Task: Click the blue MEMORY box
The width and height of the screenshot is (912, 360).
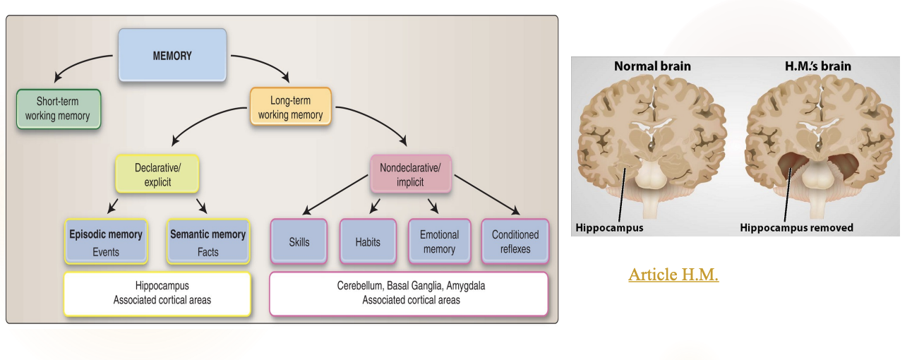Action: click(172, 55)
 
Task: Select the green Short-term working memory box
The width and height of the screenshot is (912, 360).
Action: click(58, 109)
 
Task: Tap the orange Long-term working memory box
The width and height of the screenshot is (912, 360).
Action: click(290, 107)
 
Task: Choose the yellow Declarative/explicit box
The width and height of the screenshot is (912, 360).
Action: click(157, 174)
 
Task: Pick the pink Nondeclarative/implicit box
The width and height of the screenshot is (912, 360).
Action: click(410, 174)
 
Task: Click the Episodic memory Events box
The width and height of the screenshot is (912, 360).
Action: click(105, 242)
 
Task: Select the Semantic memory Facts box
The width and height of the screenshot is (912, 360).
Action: click(208, 242)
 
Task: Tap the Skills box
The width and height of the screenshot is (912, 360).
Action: click(299, 242)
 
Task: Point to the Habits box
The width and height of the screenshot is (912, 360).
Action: click(368, 242)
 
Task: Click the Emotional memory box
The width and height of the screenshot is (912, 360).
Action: click(439, 242)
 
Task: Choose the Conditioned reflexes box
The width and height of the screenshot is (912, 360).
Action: click(515, 242)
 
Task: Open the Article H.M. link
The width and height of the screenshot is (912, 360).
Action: click(673, 275)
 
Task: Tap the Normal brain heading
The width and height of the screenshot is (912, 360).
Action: click(652, 66)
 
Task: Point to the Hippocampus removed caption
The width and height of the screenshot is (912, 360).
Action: click(796, 227)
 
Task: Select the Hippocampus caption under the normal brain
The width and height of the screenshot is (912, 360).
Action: click(609, 227)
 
